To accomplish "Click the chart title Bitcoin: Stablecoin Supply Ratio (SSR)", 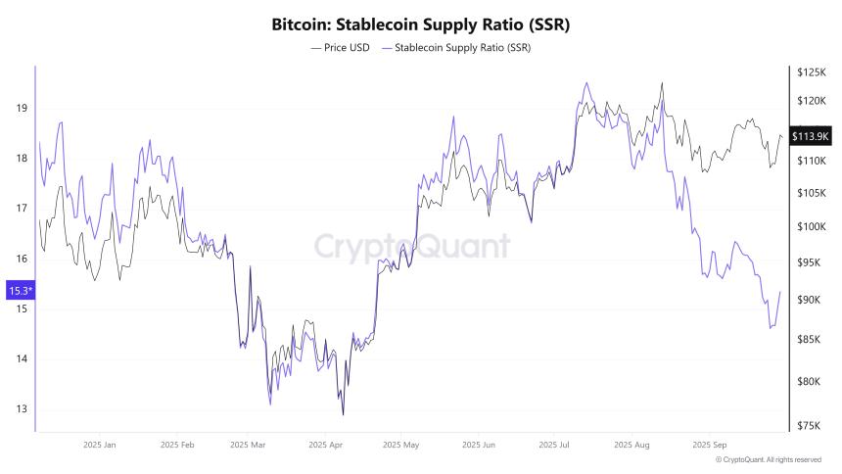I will pos(420,24).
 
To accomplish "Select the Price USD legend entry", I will pos(340,47).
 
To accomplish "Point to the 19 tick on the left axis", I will pos(21,108).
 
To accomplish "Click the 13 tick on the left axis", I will pos(21,409).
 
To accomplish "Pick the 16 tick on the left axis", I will pos(21,259).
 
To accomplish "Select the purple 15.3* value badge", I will pos(20,290).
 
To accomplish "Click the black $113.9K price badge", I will pos(810,135).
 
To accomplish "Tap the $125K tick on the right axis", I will pos(811,72).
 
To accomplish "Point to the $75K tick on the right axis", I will pos(811,425).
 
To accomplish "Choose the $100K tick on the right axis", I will pos(811,226).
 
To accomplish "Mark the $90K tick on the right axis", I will pos(811,300).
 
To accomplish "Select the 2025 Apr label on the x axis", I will pos(325,444).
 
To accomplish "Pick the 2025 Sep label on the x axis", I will pos(709,444).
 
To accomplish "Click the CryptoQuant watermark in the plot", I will pos(411,246).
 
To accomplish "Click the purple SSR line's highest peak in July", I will pos(585,82).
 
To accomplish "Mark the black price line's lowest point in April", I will pos(343,414).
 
